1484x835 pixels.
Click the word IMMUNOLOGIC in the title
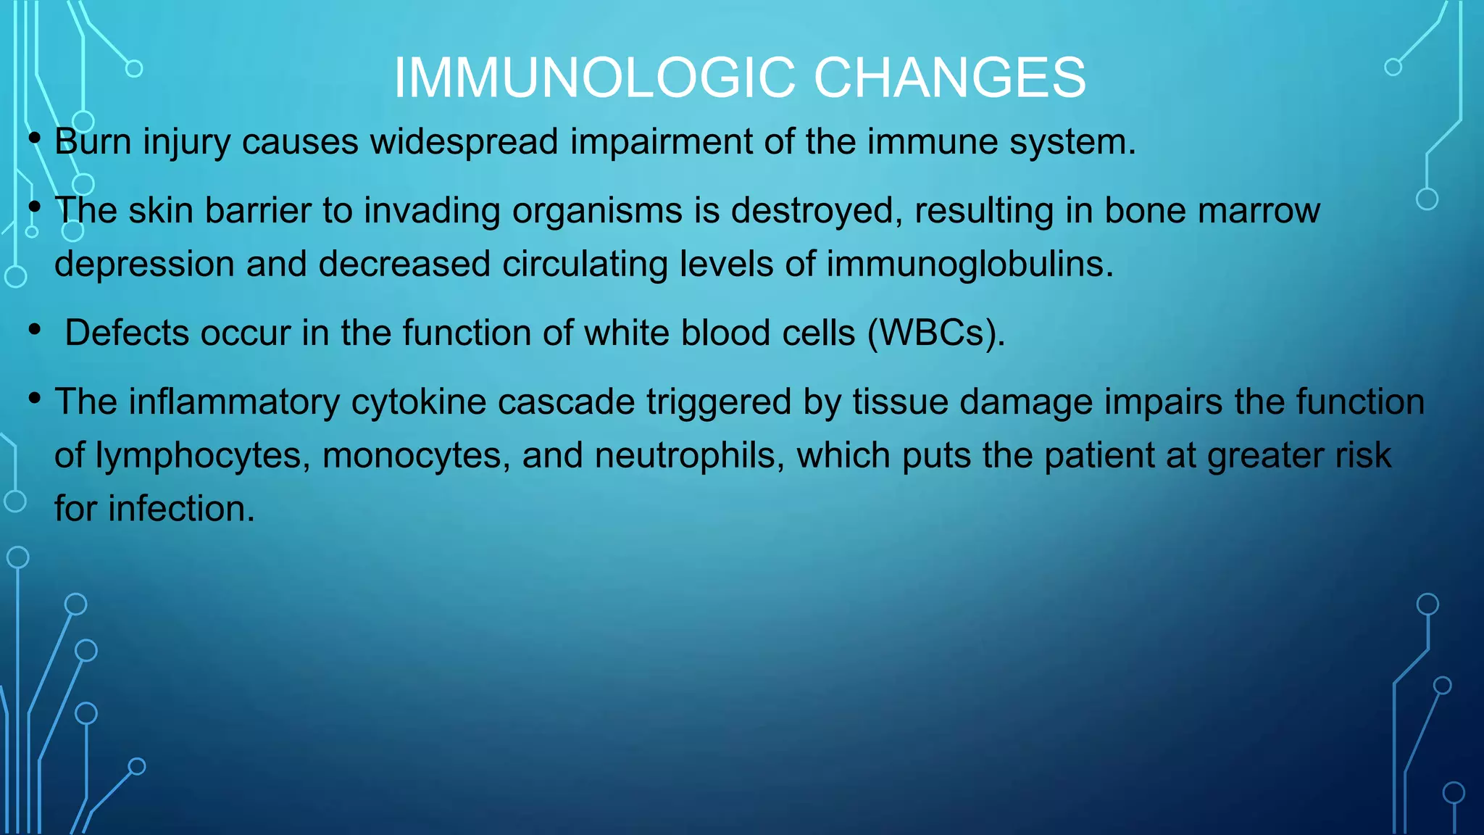pyautogui.click(x=594, y=78)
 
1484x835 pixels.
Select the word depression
pyautogui.click(x=144, y=265)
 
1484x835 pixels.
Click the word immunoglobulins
pyautogui.click(x=970, y=265)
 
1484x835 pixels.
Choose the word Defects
pyautogui.click(x=127, y=333)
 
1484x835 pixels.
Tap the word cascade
pyautogui.click(x=566, y=402)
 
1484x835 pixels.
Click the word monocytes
pyautogui.click(x=416, y=456)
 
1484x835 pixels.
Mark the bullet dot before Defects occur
pyautogui.click(x=34, y=331)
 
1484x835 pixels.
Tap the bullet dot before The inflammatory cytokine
pyautogui.click(x=34, y=398)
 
